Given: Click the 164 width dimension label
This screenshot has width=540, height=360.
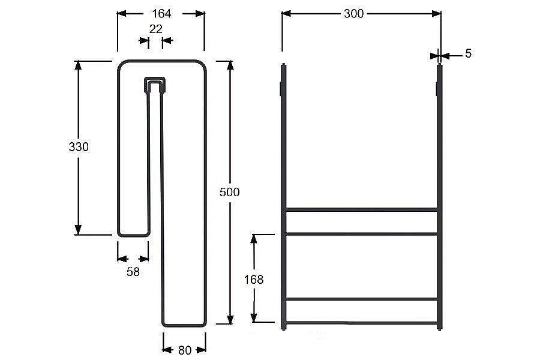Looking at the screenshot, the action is pyautogui.click(x=161, y=13).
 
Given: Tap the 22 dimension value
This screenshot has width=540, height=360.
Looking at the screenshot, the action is pyautogui.click(x=155, y=29).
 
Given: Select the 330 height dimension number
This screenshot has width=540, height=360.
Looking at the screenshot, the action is pyautogui.click(x=79, y=147).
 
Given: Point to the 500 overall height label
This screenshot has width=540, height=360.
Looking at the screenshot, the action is pyautogui.click(x=230, y=192).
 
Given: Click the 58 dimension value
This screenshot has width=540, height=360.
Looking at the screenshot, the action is pyautogui.click(x=133, y=272).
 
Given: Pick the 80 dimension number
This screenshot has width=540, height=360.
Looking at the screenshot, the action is pyautogui.click(x=185, y=350).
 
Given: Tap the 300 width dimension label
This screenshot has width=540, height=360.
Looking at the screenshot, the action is pyautogui.click(x=353, y=13).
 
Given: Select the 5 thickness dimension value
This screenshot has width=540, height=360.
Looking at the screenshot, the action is pyautogui.click(x=468, y=53).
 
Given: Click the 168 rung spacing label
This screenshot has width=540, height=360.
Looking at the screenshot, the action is pyautogui.click(x=254, y=279).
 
